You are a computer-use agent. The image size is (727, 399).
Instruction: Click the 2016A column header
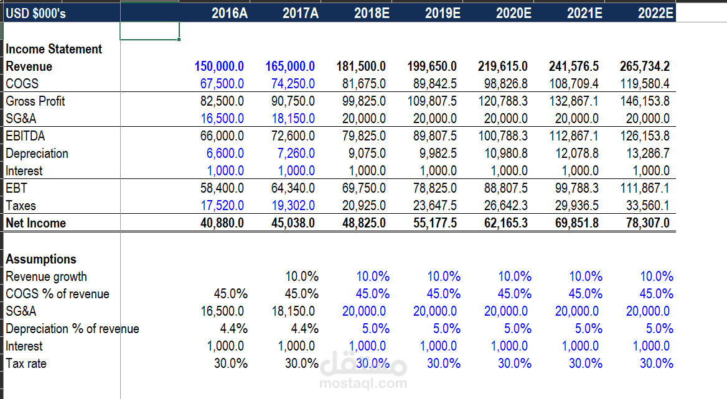pos(229,13)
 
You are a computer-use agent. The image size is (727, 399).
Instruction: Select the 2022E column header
pos(655,13)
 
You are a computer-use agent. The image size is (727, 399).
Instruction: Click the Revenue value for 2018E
pos(361,66)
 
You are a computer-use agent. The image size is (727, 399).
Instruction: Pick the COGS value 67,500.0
pos(222,84)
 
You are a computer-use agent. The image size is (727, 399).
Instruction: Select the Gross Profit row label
pos(35,101)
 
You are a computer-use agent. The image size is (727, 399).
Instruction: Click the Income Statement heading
pos(54,49)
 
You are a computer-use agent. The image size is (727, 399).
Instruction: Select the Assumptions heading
pos(41,259)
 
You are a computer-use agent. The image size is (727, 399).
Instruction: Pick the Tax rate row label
pos(26,364)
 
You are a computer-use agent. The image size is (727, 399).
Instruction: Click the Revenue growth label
pos(47,277)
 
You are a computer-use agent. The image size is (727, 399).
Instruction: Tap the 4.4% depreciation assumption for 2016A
pos(234,329)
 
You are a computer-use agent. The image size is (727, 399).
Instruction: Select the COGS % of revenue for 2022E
pos(657,294)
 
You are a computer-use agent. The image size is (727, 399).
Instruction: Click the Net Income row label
pos(36,223)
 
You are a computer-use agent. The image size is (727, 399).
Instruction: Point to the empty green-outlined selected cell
pos(149,31)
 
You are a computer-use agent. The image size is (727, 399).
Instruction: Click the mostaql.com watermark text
pos(363,383)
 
